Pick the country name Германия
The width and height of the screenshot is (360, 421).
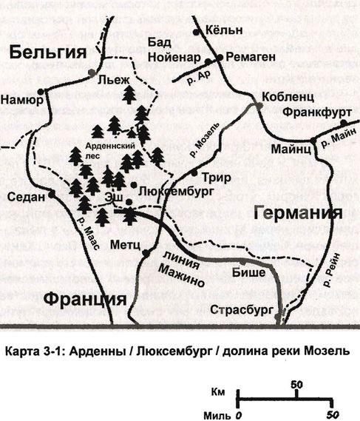(x=298, y=212)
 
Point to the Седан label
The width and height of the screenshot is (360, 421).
(x=28, y=197)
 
